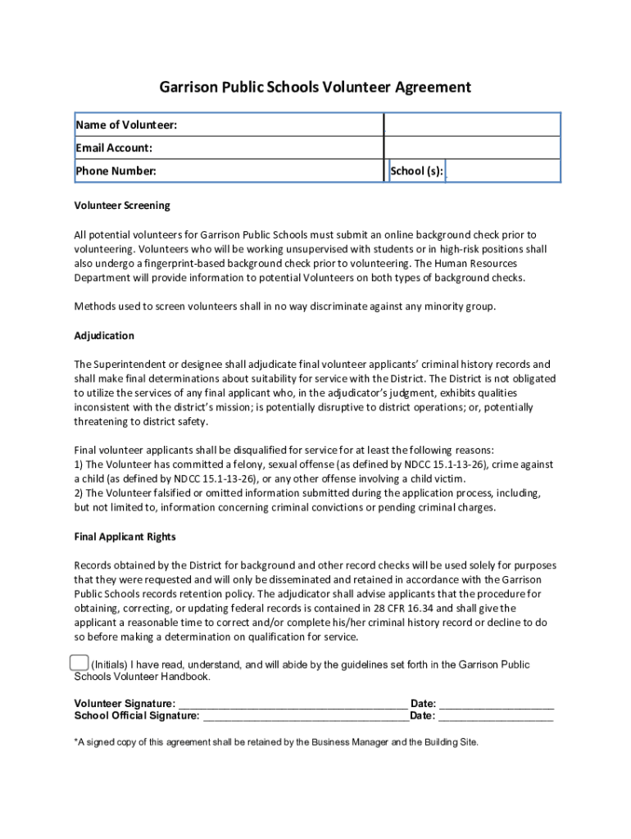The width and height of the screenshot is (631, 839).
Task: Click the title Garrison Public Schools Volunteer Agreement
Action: click(x=315, y=88)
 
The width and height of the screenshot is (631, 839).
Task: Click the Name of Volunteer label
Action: click(x=126, y=125)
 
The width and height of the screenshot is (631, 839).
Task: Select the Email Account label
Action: click(x=114, y=148)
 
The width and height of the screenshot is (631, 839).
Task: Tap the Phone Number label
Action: click(x=116, y=171)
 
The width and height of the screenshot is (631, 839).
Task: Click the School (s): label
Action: click(x=417, y=171)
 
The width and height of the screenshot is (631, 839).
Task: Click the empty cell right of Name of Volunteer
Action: click(x=472, y=125)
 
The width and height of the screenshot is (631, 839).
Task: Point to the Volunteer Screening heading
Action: click(x=122, y=206)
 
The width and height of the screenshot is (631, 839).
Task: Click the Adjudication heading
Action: click(x=104, y=336)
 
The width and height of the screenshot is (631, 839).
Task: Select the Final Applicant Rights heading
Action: click(x=125, y=537)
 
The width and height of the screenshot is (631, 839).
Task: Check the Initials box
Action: click(x=79, y=663)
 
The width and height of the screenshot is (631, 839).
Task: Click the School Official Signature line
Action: click(x=305, y=717)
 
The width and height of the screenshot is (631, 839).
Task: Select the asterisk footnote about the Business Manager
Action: click(x=276, y=742)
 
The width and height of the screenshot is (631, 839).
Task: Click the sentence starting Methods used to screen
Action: click(x=285, y=306)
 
